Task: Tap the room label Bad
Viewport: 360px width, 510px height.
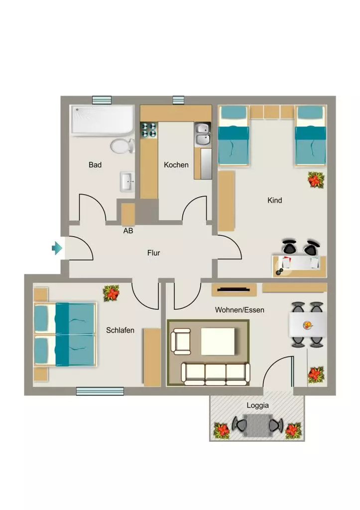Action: (95, 165)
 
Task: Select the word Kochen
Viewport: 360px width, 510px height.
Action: (176, 165)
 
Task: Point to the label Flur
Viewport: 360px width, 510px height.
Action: (153, 253)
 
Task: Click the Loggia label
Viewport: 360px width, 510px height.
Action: (257, 405)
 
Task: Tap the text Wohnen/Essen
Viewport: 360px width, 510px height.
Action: (240, 310)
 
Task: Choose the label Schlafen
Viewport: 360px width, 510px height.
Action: (120, 330)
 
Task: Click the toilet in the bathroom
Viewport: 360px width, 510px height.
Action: (122, 146)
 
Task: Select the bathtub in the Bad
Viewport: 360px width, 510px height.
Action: (103, 120)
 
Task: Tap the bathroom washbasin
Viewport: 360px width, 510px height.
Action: (127, 181)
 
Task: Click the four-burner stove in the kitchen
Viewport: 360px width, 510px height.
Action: (148, 130)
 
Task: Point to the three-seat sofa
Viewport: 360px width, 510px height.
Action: (216, 374)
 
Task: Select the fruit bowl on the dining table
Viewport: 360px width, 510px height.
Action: (308, 325)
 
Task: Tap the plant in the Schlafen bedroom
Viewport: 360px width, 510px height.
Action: (111, 293)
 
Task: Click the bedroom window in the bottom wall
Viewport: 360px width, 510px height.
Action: (100, 391)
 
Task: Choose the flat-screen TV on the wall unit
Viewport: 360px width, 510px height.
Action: (234, 289)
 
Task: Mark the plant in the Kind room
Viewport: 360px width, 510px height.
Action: (316, 180)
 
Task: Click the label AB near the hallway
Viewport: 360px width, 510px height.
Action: (128, 231)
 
